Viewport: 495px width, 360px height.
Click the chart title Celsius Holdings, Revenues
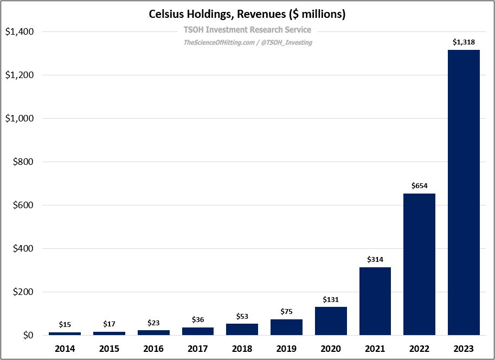[x=247, y=15]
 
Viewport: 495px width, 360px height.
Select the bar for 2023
[x=464, y=192]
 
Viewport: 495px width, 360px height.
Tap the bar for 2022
[x=419, y=264]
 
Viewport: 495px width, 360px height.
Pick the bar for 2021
[x=375, y=301]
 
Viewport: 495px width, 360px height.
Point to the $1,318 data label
[x=464, y=42]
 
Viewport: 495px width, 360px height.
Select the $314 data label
[x=375, y=259]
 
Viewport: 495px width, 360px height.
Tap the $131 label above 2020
[x=331, y=299]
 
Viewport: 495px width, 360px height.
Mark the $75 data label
[x=286, y=311]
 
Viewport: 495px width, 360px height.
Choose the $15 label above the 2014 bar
[x=65, y=324]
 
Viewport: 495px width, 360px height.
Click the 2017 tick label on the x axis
[x=198, y=348]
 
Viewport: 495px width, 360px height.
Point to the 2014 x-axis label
[x=65, y=348]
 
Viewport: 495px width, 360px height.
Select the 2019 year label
[x=286, y=348]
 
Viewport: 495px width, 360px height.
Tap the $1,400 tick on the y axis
[x=20, y=32]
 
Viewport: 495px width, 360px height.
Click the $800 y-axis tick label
[x=23, y=162]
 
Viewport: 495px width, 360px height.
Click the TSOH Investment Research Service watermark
[x=248, y=30]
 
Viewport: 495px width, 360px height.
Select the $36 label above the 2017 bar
[x=198, y=320]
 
